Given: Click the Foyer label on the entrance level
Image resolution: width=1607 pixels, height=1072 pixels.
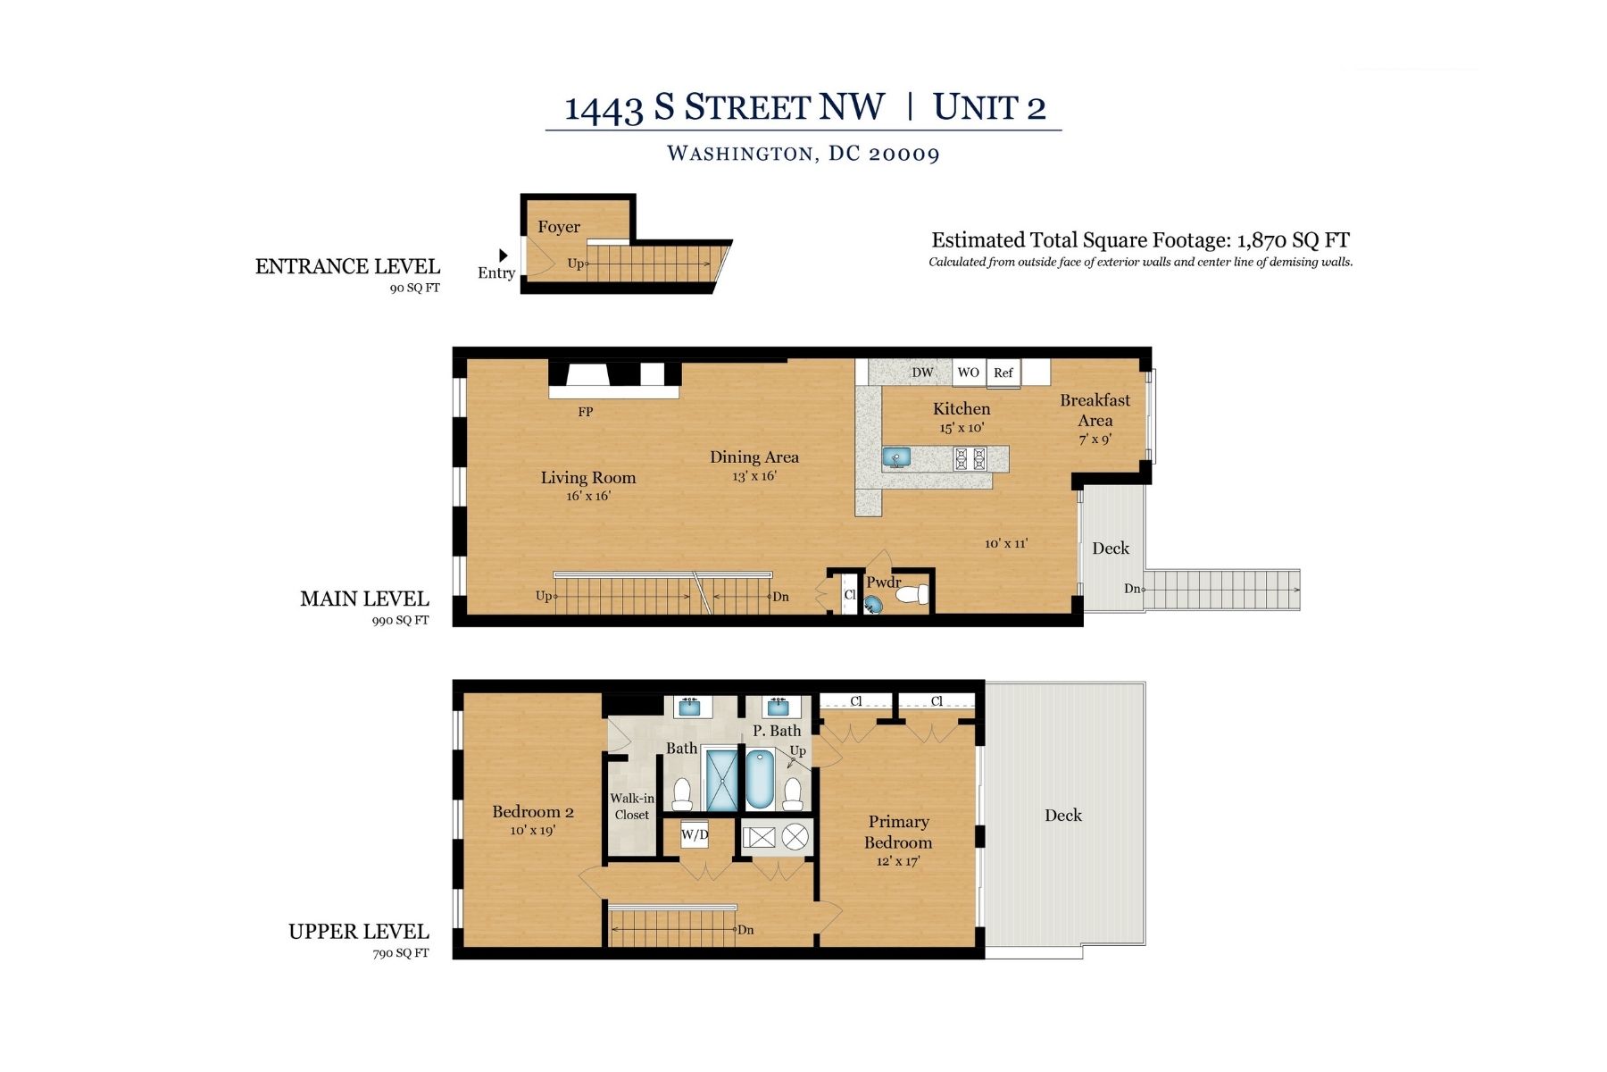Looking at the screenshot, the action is tap(559, 227).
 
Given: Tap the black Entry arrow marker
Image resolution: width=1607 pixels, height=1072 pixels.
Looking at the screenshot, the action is tap(504, 255).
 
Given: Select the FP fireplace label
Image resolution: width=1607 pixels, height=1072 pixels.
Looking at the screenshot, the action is tap(586, 412).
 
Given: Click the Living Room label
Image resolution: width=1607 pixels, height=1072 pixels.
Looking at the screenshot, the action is tap(588, 477).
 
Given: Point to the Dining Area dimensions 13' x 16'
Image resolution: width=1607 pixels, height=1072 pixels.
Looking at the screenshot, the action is tap(754, 476).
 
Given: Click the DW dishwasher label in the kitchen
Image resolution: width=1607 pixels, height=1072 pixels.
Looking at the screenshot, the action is tap(922, 373).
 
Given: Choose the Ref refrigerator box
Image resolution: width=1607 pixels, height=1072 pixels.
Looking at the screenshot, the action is tap(1003, 373).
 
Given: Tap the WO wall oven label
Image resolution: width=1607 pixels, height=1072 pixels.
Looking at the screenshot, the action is tap(969, 372).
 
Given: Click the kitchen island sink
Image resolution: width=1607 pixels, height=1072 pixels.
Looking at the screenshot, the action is tap(896, 457).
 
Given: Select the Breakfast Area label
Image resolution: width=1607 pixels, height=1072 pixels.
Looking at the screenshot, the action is tap(1095, 410).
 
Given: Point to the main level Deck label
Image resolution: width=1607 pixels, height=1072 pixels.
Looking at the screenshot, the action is tap(1111, 549).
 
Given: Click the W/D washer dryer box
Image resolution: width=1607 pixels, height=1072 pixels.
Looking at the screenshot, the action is tap(695, 835).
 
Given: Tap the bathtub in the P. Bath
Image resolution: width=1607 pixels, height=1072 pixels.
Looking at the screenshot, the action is tap(761, 779).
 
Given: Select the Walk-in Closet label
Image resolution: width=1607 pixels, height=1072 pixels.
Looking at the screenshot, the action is tap(632, 807).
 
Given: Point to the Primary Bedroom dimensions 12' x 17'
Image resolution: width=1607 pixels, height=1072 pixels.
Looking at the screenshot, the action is tap(898, 861).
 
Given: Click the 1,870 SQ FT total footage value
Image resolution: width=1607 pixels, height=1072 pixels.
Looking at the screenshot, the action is tap(1293, 240).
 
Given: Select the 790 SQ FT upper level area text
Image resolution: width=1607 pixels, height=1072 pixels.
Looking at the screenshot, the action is tap(401, 953).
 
